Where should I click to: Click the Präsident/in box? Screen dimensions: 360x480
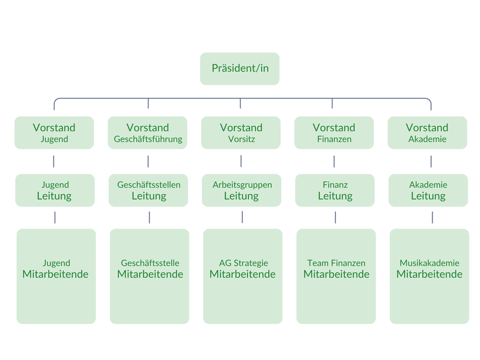(x=239, y=69)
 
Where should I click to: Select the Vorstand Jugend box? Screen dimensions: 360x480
(x=54, y=133)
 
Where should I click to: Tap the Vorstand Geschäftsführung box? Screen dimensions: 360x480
(x=148, y=133)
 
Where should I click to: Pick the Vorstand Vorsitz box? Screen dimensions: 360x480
(x=241, y=133)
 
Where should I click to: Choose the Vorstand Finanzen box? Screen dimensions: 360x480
(x=334, y=133)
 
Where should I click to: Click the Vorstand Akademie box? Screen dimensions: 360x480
(x=427, y=133)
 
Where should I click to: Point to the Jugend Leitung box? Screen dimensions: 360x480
(x=55, y=190)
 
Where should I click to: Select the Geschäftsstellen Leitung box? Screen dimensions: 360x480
(x=149, y=190)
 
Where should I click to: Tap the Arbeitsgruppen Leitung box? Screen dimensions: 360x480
(x=242, y=190)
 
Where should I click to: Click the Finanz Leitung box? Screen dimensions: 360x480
(x=335, y=190)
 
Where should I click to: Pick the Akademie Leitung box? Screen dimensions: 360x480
(x=428, y=190)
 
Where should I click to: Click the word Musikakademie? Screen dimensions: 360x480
(x=429, y=263)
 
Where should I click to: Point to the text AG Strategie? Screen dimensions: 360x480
(x=243, y=263)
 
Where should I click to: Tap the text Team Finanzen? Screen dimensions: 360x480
(x=336, y=263)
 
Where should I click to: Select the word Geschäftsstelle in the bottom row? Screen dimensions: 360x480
(x=150, y=263)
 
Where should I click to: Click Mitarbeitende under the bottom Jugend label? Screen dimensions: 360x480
(x=55, y=274)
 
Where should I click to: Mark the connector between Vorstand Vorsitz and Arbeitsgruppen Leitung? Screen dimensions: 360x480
(x=241, y=161)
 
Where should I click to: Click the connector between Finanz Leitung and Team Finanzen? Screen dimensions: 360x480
(x=335, y=217)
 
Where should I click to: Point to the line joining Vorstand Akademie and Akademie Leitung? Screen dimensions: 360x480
(x=431, y=161)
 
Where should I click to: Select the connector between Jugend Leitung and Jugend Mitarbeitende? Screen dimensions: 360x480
(x=55, y=217)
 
